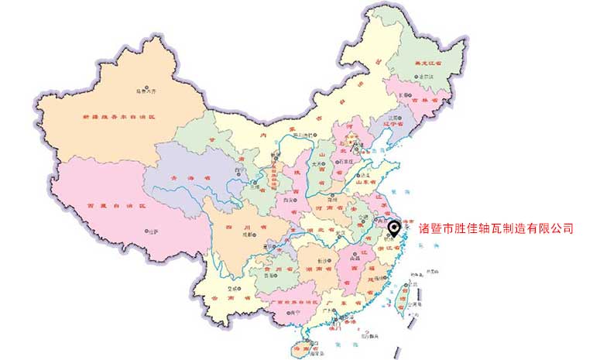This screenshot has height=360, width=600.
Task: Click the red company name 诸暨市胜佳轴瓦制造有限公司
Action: pyautogui.click(x=495, y=228)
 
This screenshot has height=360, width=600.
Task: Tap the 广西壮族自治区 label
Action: pyautogui.click(x=287, y=301)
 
